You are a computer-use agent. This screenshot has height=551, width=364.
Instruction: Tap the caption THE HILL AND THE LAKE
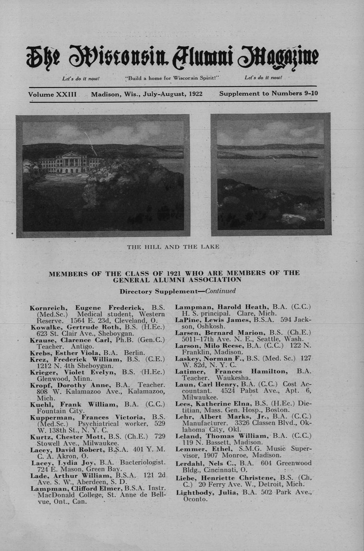click(x=173, y=247)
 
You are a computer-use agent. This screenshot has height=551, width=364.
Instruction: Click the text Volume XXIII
click(x=52, y=95)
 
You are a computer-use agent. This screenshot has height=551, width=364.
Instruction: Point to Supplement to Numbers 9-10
click(x=268, y=93)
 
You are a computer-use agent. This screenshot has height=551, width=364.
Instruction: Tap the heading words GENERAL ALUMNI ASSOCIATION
click(x=178, y=280)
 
